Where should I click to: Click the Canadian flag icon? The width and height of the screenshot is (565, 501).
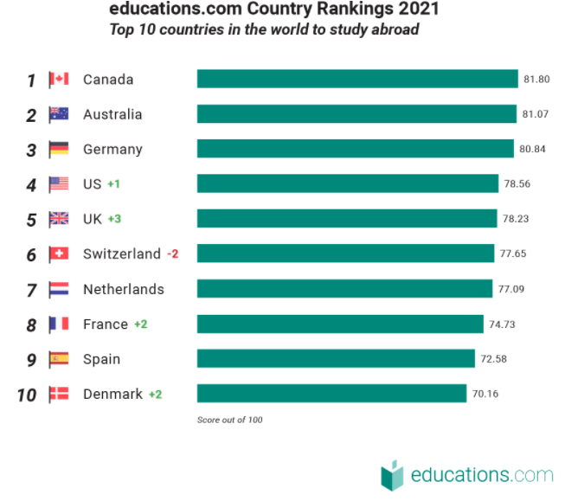tap(59, 80)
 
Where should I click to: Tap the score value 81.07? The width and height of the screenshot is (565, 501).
tap(536, 114)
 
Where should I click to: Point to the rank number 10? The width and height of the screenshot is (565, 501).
tap(27, 395)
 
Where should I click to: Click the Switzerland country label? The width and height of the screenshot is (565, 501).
tap(122, 254)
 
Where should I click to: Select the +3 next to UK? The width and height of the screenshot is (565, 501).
tap(114, 219)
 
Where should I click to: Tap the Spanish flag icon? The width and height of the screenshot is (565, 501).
tap(59, 358)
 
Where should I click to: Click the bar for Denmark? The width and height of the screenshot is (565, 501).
tap(331, 394)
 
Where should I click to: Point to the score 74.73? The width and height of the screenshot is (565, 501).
tap(502, 324)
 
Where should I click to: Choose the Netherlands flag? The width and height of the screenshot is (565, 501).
tap(59, 289)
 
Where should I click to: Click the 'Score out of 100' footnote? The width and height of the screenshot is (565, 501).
tap(229, 420)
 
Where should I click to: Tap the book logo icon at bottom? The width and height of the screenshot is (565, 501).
tap(392, 474)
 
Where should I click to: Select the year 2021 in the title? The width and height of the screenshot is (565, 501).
tap(416, 10)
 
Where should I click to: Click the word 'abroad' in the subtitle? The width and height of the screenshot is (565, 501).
tap(395, 30)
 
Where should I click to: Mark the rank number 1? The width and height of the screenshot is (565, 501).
tap(31, 80)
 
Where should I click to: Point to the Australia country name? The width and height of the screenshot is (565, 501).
tap(112, 114)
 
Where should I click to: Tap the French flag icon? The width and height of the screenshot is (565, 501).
tap(59, 324)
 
